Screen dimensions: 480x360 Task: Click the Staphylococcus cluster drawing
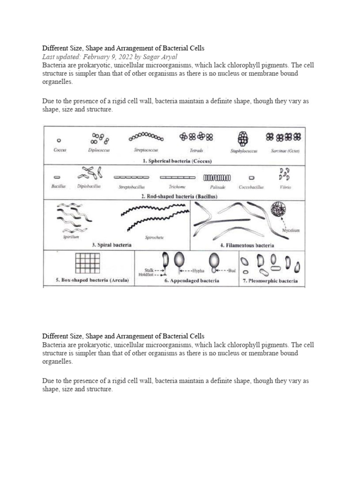243,138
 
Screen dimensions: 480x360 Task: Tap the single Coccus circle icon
59,140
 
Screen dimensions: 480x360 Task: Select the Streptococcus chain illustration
146,137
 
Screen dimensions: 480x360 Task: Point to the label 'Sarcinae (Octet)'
285,150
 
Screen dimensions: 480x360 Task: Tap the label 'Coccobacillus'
251,187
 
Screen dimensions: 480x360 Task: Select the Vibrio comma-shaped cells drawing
284,174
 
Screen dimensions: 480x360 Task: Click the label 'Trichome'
177,187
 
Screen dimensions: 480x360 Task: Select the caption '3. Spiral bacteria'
112,245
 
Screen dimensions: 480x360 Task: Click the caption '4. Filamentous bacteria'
247,245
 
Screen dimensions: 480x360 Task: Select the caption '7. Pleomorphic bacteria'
270,281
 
